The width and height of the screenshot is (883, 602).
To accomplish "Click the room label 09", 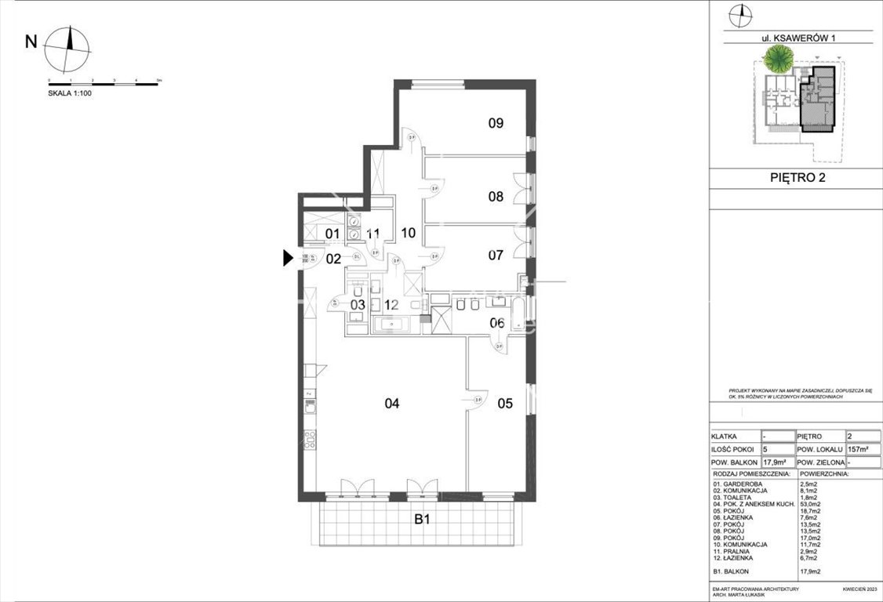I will click(x=495, y=122).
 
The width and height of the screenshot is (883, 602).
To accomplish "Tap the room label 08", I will click(x=495, y=197).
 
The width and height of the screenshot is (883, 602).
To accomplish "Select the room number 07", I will click(x=495, y=255).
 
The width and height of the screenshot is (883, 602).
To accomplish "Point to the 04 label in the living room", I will click(x=392, y=404).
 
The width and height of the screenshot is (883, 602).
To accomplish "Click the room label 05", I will click(x=505, y=404).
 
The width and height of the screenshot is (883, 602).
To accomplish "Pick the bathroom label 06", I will click(x=496, y=323).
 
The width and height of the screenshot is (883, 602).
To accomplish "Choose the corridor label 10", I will click(x=408, y=233).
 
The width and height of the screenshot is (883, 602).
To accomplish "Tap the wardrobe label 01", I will click(x=332, y=234).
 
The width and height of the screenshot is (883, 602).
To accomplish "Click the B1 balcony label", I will click(x=422, y=519).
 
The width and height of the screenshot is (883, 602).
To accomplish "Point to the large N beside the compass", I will click(x=31, y=42).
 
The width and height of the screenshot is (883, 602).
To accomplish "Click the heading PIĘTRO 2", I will click(x=796, y=177).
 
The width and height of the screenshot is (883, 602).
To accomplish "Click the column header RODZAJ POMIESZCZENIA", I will click(x=751, y=474).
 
